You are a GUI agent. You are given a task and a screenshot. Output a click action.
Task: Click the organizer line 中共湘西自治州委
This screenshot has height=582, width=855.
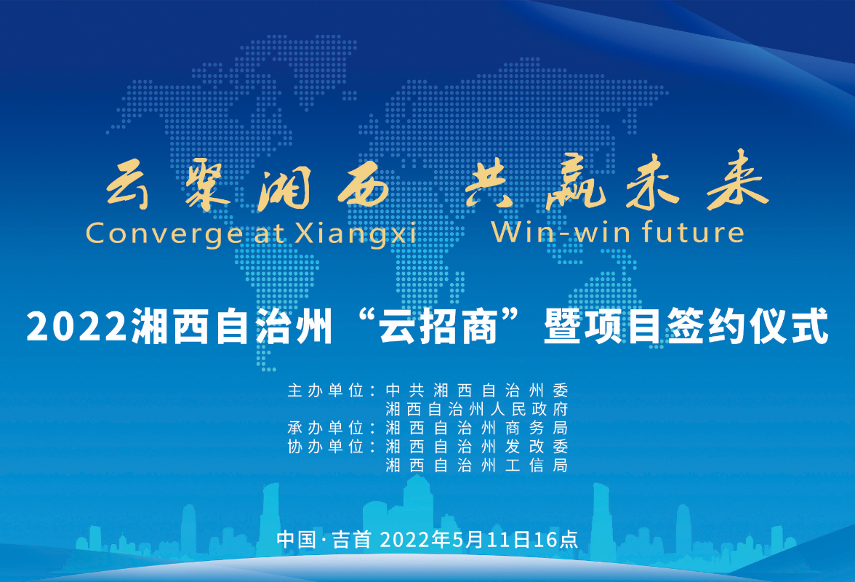tap(475, 389)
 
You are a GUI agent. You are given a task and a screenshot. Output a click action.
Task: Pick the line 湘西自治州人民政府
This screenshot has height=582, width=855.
tap(475, 408)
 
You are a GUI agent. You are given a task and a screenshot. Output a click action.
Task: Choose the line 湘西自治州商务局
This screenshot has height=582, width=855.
tap(475, 427)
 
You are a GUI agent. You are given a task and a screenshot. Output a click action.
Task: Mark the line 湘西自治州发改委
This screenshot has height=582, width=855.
tap(475, 446)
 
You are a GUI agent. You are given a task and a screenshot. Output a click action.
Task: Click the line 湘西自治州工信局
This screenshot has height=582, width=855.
tap(475, 465)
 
